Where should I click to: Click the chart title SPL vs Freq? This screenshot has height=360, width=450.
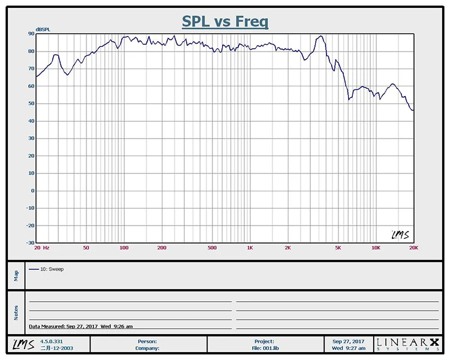click(x=225, y=22)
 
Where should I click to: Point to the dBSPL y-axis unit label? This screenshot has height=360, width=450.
click(x=43, y=29)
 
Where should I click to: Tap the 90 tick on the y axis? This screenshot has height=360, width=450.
click(x=31, y=34)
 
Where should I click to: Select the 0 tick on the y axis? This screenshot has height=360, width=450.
click(x=32, y=191)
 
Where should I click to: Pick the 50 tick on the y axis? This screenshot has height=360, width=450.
click(x=31, y=104)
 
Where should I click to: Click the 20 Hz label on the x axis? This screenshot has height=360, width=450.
click(x=42, y=247)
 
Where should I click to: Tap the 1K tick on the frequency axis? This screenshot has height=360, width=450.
click(x=250, y=247)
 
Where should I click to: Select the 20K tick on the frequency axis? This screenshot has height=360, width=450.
click(x=413, y=247)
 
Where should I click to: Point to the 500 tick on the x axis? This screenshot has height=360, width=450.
click(x=212, y=247)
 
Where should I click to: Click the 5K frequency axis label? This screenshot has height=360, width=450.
click(x=338, y=247)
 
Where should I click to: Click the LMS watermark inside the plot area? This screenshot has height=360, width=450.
click(x=400, y=234)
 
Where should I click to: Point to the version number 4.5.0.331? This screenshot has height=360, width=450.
click(x=51, y=341)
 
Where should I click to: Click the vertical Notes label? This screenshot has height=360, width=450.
click(x=16, y=312)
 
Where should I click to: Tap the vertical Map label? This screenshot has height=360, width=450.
click(x=16, y=275)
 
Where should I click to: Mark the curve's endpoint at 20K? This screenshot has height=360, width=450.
click(x=413, y=110)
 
